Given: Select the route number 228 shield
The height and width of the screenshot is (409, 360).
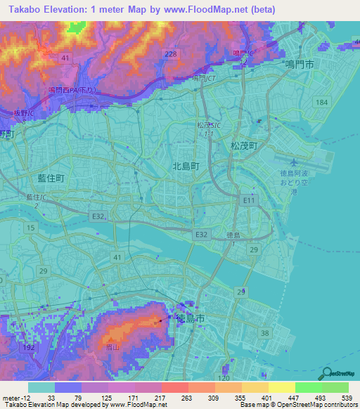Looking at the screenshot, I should tap(169, 55).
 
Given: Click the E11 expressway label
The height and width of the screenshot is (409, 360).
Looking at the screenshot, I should tap(249, 201).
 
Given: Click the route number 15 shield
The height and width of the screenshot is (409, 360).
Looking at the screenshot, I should tap(30, 228).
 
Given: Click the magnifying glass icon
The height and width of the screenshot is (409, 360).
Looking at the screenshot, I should tap(326, 373).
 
